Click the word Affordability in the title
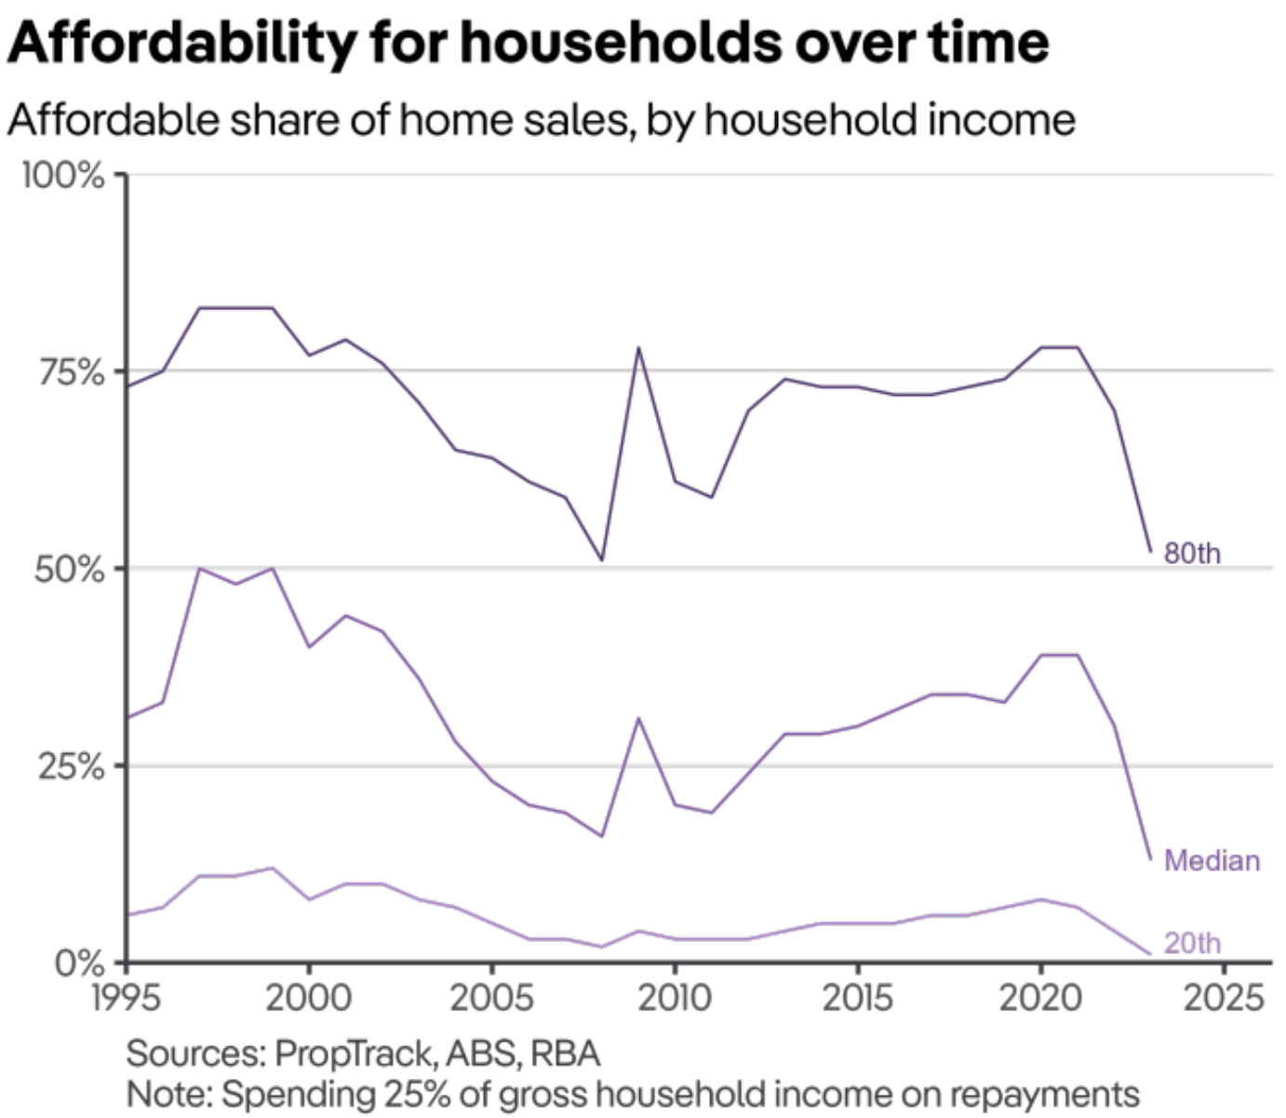182,42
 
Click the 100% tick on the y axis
63,175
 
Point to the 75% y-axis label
71,372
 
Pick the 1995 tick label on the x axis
126,998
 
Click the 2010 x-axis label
675,998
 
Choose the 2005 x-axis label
491,998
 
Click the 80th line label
1192,553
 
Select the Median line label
1212,860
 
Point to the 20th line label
1192,943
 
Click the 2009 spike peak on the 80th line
639,347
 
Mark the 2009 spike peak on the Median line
639,718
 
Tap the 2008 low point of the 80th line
602,559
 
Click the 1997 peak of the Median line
199,568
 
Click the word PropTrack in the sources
354,1054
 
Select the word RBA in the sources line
565,1054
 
